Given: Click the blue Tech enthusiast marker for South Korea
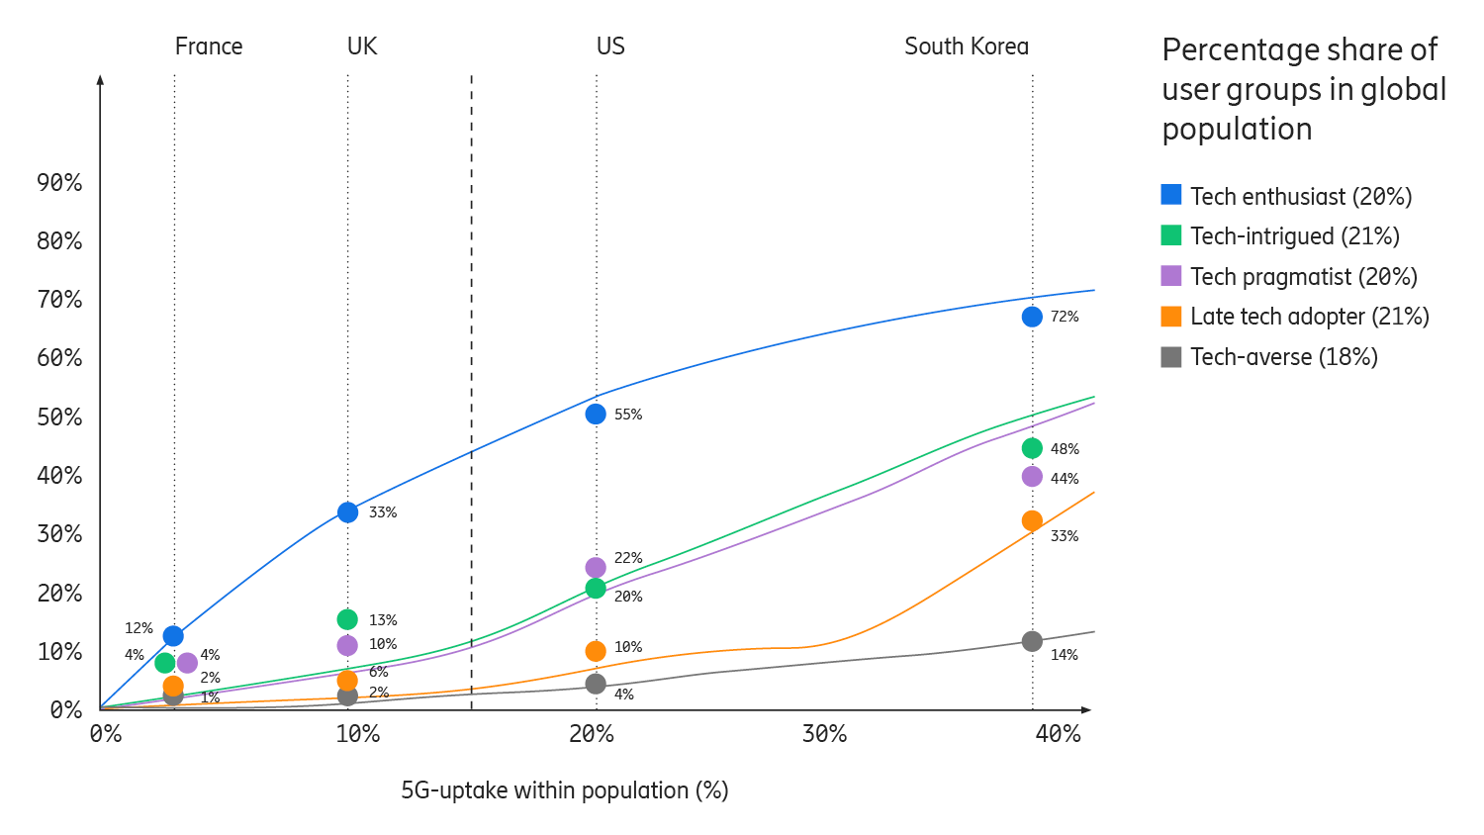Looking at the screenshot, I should point(1032,317).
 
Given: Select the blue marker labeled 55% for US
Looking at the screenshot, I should point(596,414).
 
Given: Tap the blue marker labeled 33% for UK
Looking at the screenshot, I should point(347,512).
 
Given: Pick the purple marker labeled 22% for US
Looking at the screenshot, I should point(596,567).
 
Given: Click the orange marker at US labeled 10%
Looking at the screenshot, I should point(596,651).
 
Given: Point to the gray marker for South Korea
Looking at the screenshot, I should point(1032,641).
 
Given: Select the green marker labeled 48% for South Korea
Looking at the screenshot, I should point(1032,448).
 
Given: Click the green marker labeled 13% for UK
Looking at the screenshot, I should point(347,619).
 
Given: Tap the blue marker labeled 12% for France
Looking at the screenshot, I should point(173,635).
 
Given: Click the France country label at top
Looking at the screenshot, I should point(209,46).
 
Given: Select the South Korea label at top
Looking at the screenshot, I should point(967,46).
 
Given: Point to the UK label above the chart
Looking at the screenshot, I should point(362,46).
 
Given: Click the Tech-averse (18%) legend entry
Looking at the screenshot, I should point(1283,357).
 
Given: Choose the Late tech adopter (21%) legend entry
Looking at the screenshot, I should point(1309,317).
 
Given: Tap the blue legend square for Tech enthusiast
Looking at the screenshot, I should point(1171,195).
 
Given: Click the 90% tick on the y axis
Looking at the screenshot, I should point(59,182).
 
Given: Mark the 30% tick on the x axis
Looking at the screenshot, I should point(824,734).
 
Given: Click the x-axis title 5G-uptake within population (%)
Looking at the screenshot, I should point(564,790).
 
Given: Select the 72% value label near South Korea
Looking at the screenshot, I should point(1065,317).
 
